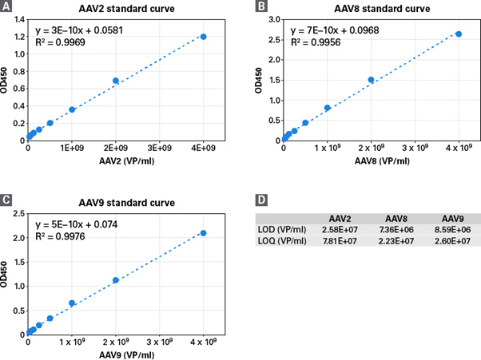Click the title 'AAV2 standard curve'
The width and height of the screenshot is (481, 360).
(x=118, y=8)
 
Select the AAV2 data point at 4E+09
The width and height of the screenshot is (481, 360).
(x=204, y=37)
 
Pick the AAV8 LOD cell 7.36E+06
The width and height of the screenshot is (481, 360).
(x=396, y=229)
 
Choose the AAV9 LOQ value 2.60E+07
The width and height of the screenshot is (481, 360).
(x=451, y=241)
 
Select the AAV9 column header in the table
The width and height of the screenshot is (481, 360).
(x=451, y=218)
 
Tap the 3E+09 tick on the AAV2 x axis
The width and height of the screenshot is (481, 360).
(x=160, y=148)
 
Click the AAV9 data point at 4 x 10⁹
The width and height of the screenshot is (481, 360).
(x=204, y=233)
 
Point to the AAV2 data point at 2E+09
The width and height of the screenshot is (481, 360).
(x=116, y=81)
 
